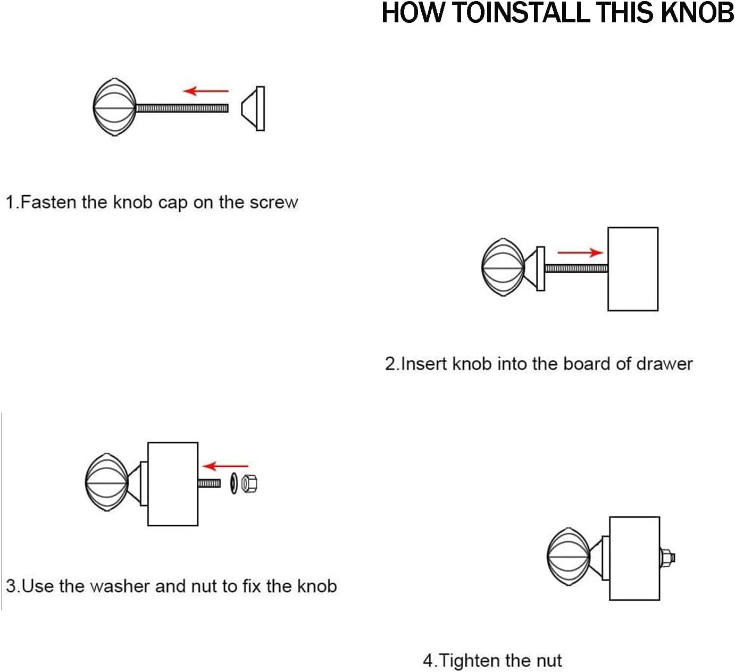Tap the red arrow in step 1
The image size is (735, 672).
206,90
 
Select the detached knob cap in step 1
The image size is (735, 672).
253,108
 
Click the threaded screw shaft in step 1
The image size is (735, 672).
182,108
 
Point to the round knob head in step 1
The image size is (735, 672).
115,107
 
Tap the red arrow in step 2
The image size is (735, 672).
580,253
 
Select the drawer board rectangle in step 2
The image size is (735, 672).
633,269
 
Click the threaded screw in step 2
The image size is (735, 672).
576,268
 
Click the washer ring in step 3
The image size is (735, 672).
233,483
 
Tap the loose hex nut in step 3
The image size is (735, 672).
249,483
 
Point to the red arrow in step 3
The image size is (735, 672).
225,466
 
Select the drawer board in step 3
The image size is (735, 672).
173,484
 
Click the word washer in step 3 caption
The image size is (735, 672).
120,586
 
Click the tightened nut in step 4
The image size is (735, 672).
667,558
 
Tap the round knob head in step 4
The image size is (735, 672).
569,557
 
